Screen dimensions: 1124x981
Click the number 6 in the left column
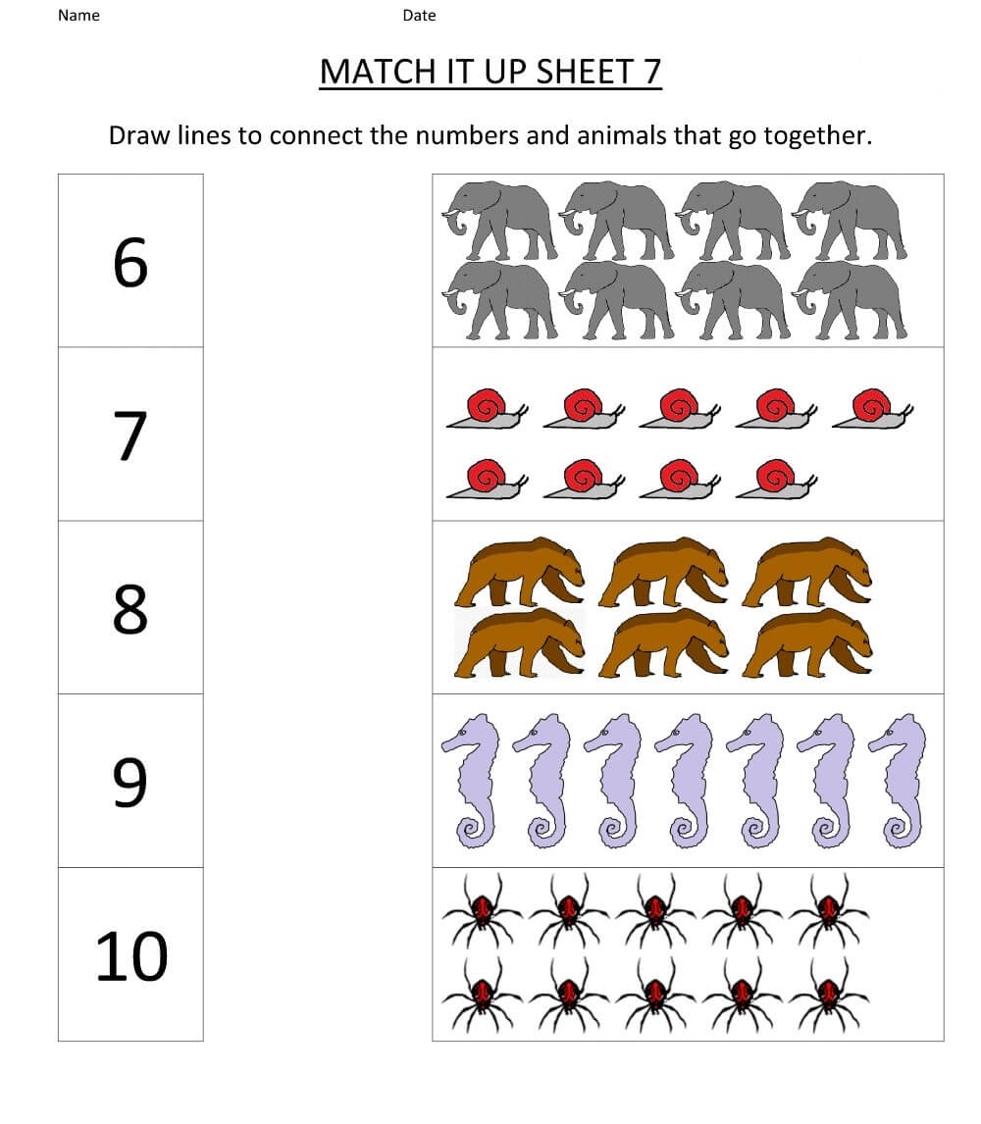pos(130,263)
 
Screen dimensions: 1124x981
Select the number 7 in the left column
pos(131,435)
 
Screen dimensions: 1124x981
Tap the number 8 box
pos(130,608)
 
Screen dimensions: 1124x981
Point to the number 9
pos(130,782)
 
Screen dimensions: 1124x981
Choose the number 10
pos(131,956)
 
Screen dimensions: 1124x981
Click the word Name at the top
pos(78,16)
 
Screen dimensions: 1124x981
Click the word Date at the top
pos(419,16)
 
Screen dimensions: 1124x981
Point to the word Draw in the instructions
pos(140,135)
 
